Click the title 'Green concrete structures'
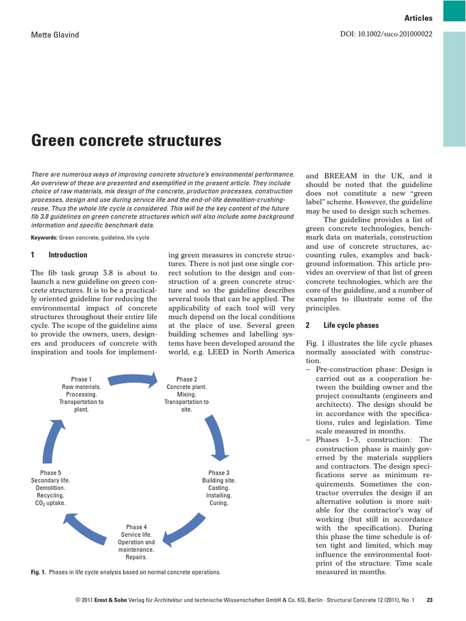[126, 141]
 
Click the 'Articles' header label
[418, 19]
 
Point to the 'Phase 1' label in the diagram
[81, 379]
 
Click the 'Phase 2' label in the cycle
[186, 379]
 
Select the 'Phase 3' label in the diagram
[219, 473]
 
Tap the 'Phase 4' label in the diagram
[137, 527]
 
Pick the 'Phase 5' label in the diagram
[51, 473]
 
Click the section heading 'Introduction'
[67, 255]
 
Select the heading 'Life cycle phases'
[351, 325]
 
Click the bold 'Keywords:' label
[44, 238]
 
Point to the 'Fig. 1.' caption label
[38, 572]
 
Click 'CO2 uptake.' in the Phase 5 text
[51, 503]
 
